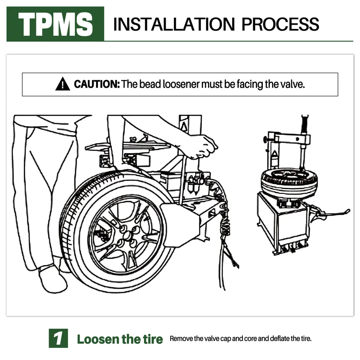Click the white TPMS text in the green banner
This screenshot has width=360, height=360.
coord(55,24)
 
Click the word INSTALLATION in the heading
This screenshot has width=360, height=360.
coord(174,24)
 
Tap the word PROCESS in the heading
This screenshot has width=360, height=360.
coord(280,24)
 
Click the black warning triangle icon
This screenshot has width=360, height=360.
coord(62,84)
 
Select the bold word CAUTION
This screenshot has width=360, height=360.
coord(96,84)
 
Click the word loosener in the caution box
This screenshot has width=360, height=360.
coord(181,84)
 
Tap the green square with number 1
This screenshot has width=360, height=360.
coord(58,338)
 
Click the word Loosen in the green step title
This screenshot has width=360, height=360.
coord(98,339)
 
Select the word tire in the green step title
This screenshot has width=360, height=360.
coord(153,339)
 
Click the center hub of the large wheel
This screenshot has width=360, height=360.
coord(127,236)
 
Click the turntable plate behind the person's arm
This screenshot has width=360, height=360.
coord(129,147)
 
